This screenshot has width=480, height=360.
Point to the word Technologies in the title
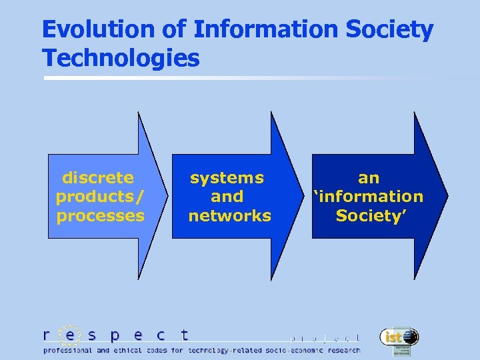(x=121, y=58)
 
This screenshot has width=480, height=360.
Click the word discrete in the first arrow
(x=98, y=177)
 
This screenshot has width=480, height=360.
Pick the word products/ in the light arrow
(x=100, y=197)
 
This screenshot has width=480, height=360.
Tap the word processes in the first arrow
(x=101, y=215)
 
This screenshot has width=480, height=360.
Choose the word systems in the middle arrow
(x=227, y=177)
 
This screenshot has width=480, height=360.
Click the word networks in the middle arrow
(x=230, y=215)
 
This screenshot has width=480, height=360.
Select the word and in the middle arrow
(x=227, y=197)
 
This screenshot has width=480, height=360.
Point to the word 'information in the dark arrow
(x=369, y=197)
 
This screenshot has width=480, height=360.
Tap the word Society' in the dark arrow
(x=369, y=215)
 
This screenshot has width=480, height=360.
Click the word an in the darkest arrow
(x=369, y=177)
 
